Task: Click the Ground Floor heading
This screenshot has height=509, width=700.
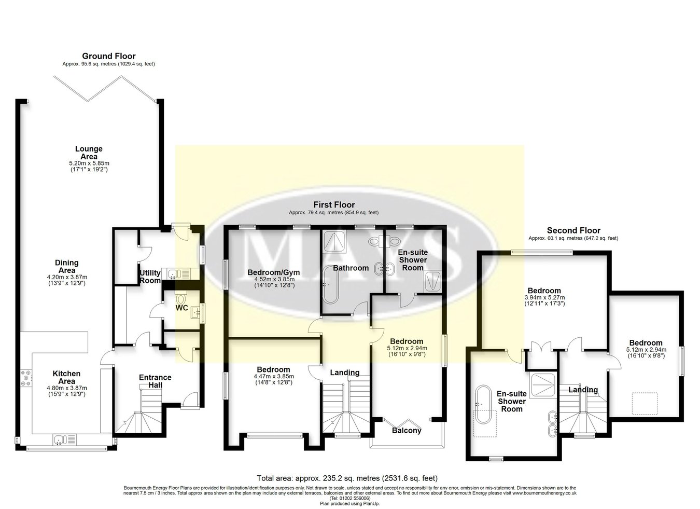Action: coord(109,56)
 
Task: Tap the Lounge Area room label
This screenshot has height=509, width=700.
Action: coord(89,153)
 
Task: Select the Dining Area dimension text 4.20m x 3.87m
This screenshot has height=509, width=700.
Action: coord(67,277)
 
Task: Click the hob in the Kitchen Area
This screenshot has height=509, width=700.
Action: coord(25,378)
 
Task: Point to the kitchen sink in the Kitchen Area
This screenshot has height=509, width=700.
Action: coord(65,439)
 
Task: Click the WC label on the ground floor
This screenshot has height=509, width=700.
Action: coord(181,308)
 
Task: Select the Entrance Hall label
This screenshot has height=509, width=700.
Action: coord(155,381)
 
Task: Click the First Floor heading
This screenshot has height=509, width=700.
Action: coord(334,205)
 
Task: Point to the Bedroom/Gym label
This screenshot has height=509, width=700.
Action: coord(273,272)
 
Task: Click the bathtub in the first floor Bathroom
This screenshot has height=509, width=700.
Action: coord(330,284)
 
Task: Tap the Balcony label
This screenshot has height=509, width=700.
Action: coord(407,431)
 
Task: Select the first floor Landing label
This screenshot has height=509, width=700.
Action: coord(345,373)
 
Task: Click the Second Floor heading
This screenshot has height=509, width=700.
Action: coord(573,230)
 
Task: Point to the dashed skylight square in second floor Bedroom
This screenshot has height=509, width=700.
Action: coord(645,403)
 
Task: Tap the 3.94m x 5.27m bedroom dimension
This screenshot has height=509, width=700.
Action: coord(544,297)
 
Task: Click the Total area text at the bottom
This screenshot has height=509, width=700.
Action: coord(347,478)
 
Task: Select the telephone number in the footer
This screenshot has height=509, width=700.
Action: coord(350,499)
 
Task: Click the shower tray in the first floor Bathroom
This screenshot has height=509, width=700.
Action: coord(334,242)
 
